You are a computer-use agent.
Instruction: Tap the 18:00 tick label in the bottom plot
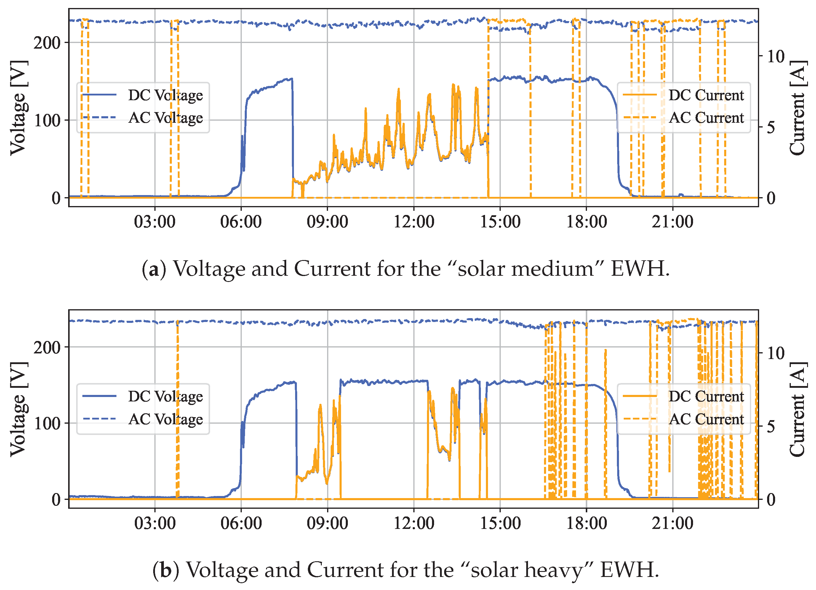pos(586,523)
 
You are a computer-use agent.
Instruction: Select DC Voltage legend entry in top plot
pos(165,95)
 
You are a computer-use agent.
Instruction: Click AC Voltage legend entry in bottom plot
pos(165,419)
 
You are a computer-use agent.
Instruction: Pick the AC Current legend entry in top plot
pos(706,118)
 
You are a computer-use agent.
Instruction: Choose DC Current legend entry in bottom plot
pos(706,397)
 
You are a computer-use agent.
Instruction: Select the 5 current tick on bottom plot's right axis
pos(771,427)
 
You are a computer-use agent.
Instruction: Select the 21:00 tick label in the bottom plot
pos(673,523)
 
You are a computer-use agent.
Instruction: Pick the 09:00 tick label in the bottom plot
pos(327,523)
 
